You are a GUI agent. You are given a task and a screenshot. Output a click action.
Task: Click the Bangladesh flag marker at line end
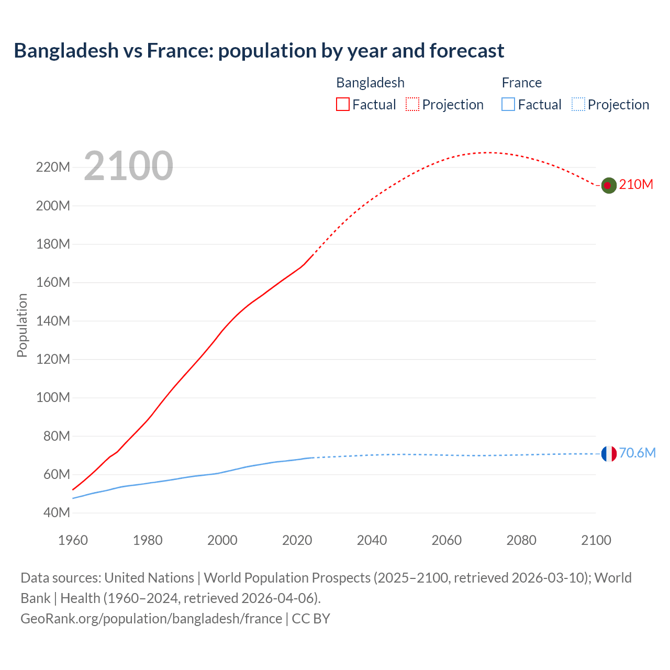(x=608, y=185)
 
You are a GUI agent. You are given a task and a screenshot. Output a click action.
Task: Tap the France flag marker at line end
(x=608, y=454)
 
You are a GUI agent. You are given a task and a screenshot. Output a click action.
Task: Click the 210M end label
(x=636, y=185)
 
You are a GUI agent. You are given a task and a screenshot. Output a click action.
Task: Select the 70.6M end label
(x=637, y=453)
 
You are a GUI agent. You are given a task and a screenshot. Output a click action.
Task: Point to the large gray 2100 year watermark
(x=128, y=166)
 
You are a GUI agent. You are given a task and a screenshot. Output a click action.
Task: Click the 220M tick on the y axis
(x=53, y=167)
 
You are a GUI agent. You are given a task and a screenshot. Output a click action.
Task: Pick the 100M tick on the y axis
(x=53, y=398)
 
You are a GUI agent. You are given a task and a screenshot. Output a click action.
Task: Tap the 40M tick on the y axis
(x=56, y=513)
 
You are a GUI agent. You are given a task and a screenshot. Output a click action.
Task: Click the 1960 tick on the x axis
(x=73, y=540)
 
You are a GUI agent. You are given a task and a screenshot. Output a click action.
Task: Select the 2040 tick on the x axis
(x=372, y=540)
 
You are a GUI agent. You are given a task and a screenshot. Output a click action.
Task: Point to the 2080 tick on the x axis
(x=521, y=540)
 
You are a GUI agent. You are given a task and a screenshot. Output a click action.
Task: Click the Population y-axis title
(x=22, y=325)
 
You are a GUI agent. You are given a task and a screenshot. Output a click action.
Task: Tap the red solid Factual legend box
(x=342, y=104)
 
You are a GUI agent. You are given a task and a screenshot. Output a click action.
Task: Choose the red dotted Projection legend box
(x=412, y=104)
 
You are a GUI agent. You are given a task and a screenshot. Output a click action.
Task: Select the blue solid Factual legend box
(x=508, y=104)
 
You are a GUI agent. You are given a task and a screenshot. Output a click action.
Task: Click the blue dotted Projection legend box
(x=578, y=104)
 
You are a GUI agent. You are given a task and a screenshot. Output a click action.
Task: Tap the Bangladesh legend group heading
(x=370, y=83)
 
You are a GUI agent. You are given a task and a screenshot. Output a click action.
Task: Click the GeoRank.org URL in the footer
(x=151, y=619)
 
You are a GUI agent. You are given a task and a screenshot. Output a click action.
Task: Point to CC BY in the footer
(x=311, y=619)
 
